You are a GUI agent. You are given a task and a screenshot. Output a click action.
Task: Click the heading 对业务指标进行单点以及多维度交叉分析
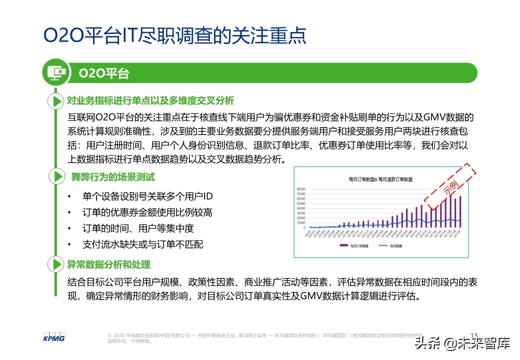coord(150,101)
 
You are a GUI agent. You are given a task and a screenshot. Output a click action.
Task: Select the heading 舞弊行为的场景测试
coord(112,176)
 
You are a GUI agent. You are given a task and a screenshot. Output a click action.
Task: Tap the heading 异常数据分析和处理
coord(108,264)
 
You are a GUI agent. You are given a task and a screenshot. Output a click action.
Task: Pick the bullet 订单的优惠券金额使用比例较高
coord(147,212)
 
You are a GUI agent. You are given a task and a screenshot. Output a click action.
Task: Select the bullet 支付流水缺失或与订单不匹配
coord(142,244)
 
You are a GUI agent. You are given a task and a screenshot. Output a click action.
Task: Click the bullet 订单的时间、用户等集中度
coord(137,228)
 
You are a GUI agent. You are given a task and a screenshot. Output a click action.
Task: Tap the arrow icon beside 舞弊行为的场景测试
coord(55,176)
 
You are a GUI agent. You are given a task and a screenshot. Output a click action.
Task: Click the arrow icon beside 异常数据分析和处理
coord(55,264)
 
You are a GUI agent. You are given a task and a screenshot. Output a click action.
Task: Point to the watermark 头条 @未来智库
coord(461,344)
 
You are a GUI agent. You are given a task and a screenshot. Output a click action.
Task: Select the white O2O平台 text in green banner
coord(104,73)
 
